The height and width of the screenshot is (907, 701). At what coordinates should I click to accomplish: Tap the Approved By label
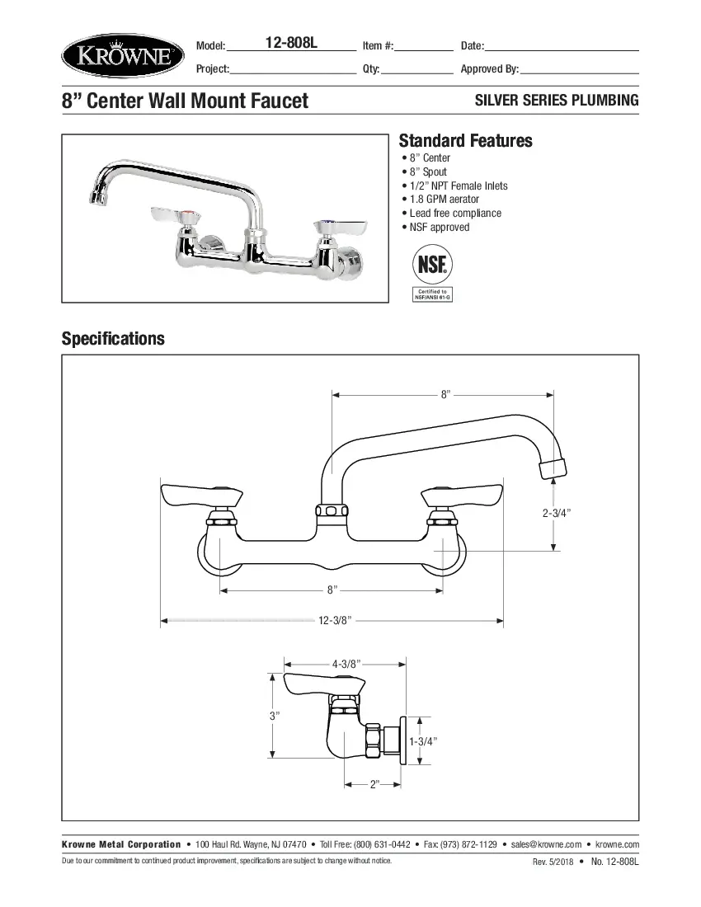(489, 69)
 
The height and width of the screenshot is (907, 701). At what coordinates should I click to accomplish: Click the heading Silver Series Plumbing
(557, 101)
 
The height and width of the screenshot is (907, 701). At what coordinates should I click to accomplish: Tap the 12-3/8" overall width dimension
(335, 620)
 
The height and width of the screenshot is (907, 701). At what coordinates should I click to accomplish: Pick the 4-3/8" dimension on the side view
(346, 663)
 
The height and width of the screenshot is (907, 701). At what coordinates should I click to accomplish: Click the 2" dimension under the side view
(373, 784)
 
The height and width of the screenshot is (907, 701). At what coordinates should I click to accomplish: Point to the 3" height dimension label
(275, 716)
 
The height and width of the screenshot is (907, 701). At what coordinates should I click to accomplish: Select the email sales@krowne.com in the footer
(546, 844)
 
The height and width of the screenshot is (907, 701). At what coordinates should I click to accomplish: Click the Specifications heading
(113, 339)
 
